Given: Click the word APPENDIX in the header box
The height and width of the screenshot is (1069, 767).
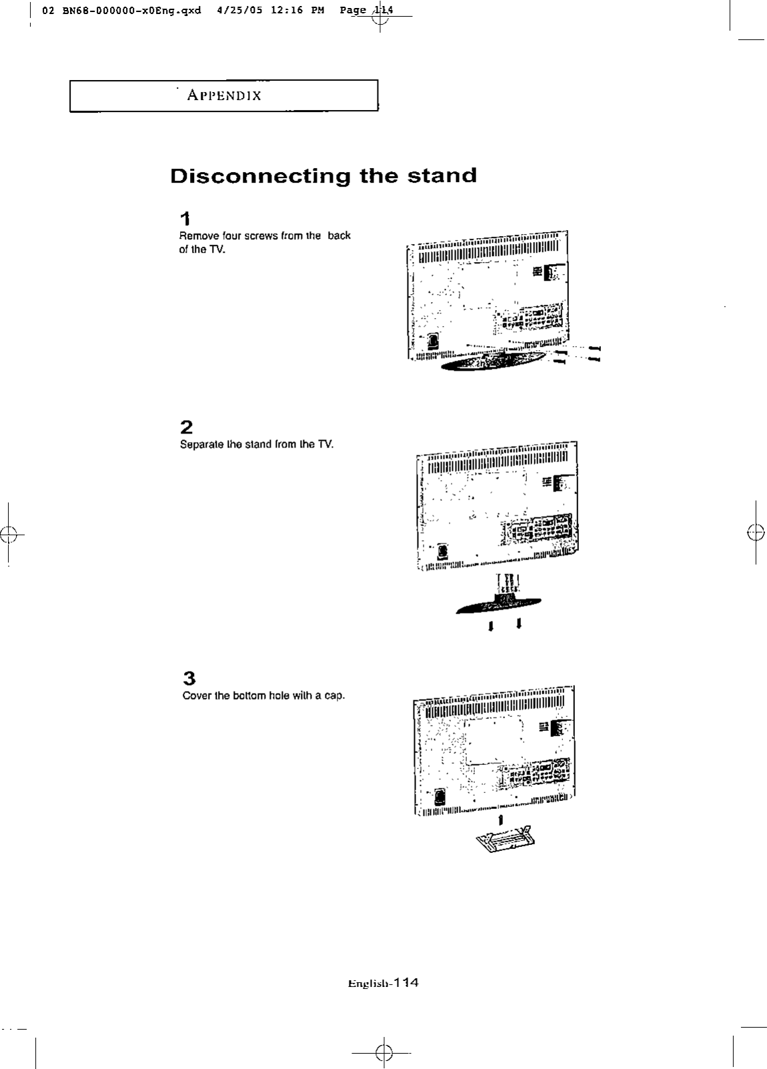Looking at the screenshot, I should pyautogui.click(x=224, y=95).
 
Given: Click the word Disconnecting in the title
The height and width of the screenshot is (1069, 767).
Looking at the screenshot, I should pyautogui.click(x=260, y=177).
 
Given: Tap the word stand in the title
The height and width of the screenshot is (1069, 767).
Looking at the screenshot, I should pyautogui.click(x=442, y=175).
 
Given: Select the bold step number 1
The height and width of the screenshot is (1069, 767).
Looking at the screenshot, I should pyautogui.click(x=185, y=218).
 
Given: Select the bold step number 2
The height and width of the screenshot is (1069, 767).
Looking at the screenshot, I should pyautogui.click(x=186, y=427).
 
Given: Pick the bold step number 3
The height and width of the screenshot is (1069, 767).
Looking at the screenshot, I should pyautogui.click(x=189, y=678).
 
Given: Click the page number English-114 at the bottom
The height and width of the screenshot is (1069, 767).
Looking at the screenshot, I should pyautogui.click(x=383, y=982).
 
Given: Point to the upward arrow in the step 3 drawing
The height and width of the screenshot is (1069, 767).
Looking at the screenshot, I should pyautogui.click(x=500, y=818).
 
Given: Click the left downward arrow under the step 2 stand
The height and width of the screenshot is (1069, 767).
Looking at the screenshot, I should pyautogui.click(x=491, y=626).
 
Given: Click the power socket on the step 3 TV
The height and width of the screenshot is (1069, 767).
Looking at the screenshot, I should pyautogui.click(x=440, y=797).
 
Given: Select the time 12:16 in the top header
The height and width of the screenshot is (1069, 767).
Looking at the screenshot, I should pyautogui.click(x=289, y=11).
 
